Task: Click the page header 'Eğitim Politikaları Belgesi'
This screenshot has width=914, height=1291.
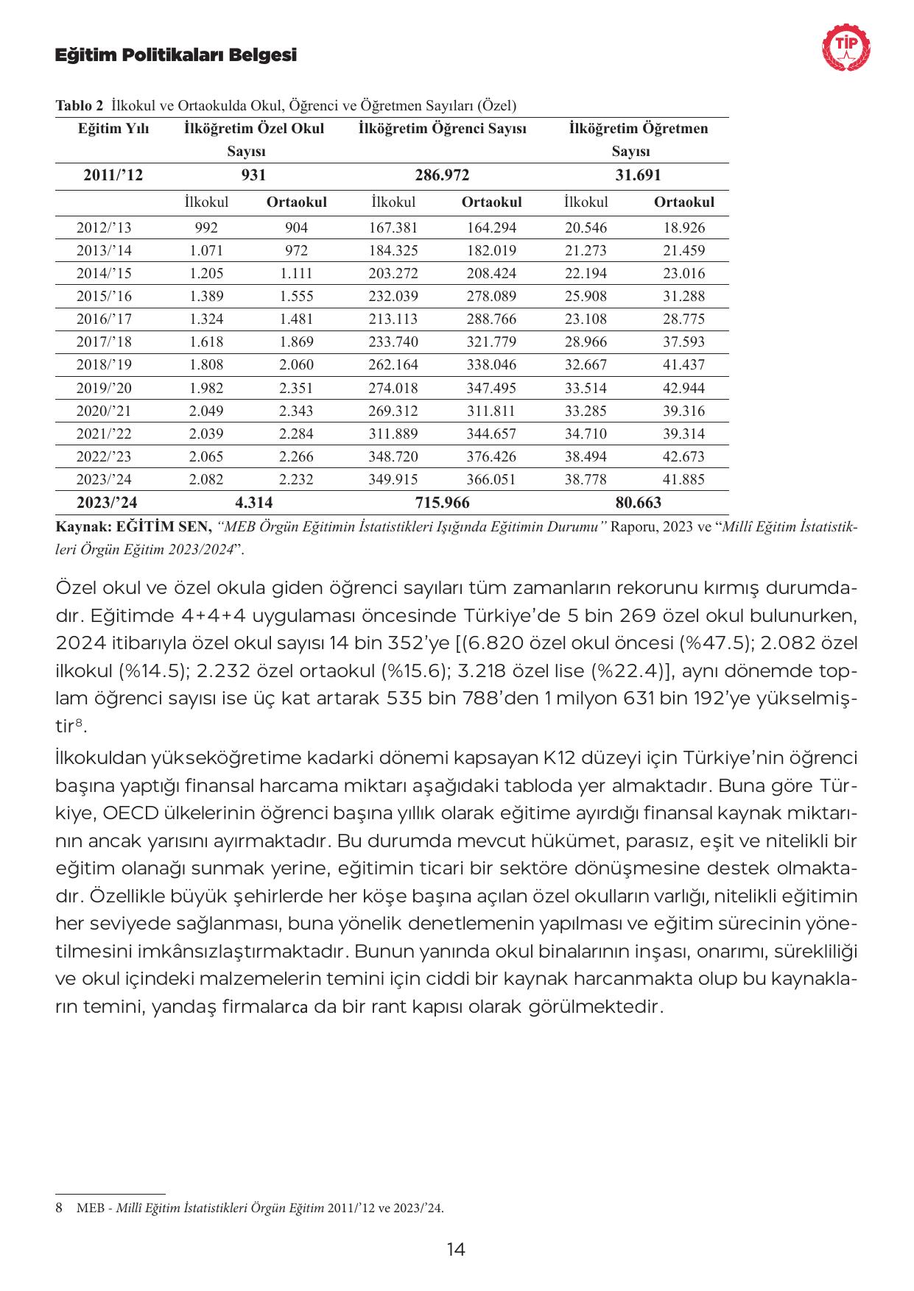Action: point(176,55)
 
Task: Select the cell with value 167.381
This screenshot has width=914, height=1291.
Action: point(393,227)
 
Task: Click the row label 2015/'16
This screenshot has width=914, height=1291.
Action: point(104,296)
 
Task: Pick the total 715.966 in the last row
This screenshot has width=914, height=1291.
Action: point(442,503)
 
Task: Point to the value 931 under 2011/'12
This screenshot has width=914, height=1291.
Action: point(253,175)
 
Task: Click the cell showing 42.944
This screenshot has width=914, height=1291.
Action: point(683,388)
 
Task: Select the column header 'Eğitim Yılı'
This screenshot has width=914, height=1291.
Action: point(113,129)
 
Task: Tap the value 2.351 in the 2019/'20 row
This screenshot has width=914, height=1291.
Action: point(296,388)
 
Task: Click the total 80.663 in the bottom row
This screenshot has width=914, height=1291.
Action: point(638,503)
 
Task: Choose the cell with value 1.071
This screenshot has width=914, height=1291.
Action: point(206,250)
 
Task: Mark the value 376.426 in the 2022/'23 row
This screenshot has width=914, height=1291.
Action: point(491,456)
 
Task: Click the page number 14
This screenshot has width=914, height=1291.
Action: point(456,1249)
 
